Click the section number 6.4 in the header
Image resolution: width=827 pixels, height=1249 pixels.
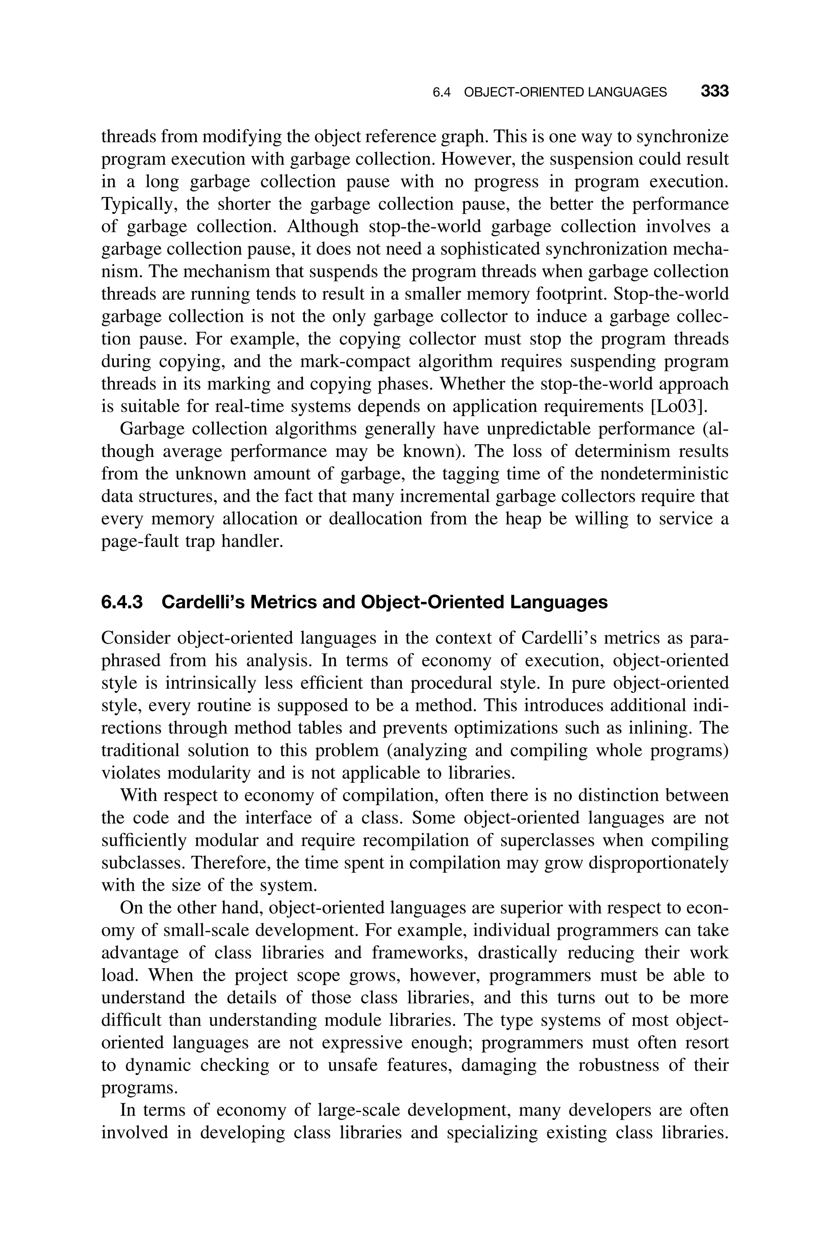tap(441, 93)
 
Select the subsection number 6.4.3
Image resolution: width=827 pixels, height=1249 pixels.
tap(122, 602)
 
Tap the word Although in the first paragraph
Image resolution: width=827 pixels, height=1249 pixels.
tap(322, 226)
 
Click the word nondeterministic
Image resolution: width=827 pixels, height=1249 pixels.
tap(665, 474)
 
